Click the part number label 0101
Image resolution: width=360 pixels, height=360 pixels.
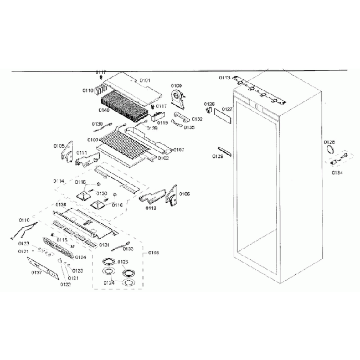pos(145,81)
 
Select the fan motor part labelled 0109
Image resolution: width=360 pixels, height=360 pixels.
pos(179,100)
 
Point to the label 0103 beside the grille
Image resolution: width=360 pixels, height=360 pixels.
pos(92,140)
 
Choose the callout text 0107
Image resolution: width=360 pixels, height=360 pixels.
pos(178,150)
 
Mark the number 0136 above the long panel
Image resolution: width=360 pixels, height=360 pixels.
pos(61,204)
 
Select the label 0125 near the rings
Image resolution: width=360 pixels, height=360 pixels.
pos(122,261)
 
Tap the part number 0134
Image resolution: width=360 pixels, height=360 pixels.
pos(337,172)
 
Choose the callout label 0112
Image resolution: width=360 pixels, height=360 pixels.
pos(151,208)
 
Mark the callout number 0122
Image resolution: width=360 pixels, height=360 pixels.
pos(65,285)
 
